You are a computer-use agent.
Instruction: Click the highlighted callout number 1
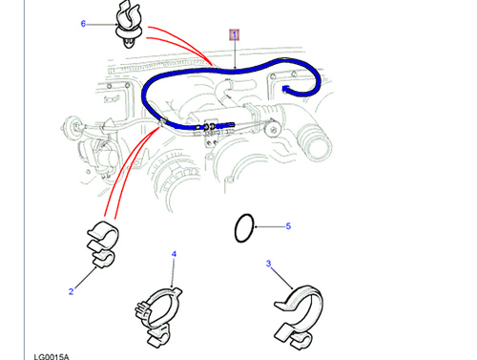point(235,34)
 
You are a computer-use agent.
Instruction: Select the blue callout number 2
point(72,291)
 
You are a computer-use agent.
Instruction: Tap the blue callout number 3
point(269,264)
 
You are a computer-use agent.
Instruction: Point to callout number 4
point(174,254)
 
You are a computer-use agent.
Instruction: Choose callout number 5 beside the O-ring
point(288,226)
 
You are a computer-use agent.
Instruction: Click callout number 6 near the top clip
point(83,24)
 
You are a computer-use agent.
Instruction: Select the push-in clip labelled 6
point(128,25)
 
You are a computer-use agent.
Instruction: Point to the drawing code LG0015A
point(52,357)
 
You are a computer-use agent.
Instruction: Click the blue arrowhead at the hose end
point(286,89)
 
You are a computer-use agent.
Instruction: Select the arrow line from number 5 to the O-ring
point(270,226)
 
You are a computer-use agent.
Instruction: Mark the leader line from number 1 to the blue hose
point(235,54)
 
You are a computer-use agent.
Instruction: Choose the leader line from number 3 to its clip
point(281,278)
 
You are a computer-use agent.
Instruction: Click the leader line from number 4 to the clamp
point(174,273)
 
